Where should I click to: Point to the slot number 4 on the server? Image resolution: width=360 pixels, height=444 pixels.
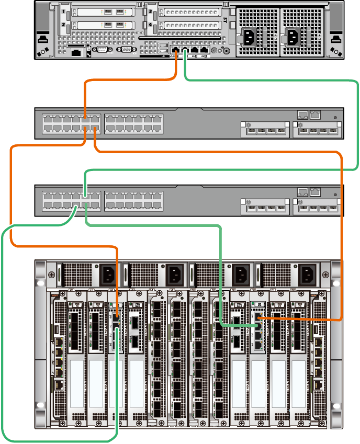[x=151, y=25]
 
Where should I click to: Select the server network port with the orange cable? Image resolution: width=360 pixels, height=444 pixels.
[x=175, y=50]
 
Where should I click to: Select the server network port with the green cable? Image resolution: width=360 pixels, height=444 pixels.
[x=185, y=50]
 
